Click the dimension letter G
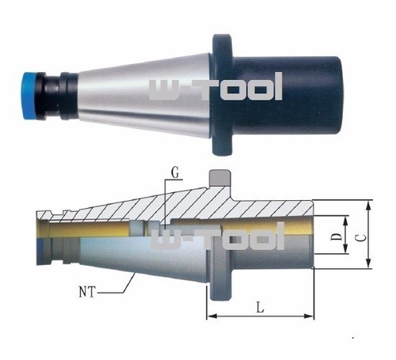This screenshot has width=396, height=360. coord(175,173)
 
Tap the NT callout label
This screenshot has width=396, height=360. coord(87,292)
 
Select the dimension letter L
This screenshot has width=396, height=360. coord(261,308)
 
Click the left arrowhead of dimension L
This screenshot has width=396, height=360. coord(212,316)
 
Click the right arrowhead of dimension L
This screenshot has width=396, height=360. coord(309,316)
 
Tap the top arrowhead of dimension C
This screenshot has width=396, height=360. coord(369,206)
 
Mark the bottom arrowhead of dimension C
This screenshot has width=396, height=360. coord(369,263)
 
